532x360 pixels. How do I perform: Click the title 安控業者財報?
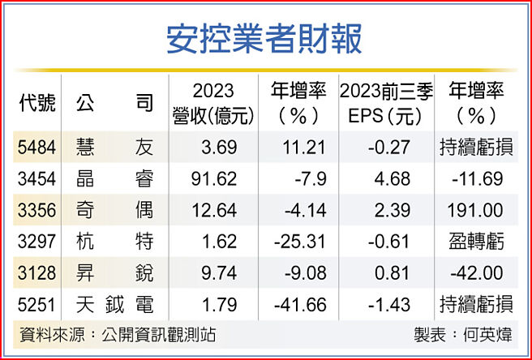pos(265,38)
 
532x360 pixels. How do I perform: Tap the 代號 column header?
pos(36,104)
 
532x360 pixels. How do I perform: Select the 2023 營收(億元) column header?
pos(214,104)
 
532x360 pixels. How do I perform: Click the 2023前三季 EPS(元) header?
pos(386,104)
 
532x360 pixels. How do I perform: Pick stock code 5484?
pos(36,148)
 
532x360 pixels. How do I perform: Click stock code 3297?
pos(36,241)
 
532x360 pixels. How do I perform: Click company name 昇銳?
pos(114,272)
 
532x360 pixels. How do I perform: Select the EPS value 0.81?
pos(391,272)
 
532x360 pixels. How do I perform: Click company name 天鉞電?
pos(114,304)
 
